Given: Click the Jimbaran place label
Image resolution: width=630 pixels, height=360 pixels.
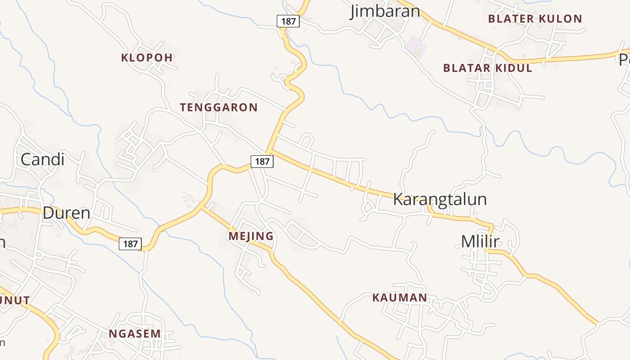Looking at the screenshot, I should (x=385, y=11).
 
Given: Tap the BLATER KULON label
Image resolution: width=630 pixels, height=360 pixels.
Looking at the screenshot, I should (x=535, y=19).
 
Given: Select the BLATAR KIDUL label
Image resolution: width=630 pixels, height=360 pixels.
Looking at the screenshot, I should (x=487, y=68).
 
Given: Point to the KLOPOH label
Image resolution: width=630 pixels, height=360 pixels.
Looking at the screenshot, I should (x=147, y=58).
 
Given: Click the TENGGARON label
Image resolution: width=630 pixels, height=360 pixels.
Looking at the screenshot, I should (x=219, y=108).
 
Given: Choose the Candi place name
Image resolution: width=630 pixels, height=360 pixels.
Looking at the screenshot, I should (x=43, y=159).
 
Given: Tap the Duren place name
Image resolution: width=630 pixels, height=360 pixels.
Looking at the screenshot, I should (x=66, y=213).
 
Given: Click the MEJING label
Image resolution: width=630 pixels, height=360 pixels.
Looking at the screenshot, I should (x=251, y=236).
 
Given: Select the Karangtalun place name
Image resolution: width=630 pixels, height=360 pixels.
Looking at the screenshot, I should (x=440, y=199).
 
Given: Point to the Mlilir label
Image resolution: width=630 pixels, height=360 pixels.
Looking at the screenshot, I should (x=480, y=242).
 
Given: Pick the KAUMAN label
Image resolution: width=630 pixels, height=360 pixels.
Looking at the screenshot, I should (x=400, y=297).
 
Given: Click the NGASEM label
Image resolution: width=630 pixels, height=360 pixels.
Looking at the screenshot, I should (x=135, y=333).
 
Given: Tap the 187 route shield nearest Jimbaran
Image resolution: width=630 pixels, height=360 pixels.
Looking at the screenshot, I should (x=288, y=21).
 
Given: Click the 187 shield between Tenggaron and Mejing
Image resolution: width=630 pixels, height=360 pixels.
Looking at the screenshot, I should (x=262, y=162).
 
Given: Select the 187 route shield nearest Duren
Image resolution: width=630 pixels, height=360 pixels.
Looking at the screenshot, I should (x=130, y=244).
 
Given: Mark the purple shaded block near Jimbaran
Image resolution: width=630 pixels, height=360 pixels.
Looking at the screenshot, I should (x=416, y=47).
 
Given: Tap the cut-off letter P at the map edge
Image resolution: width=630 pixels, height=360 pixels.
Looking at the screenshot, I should (x=625, y=59).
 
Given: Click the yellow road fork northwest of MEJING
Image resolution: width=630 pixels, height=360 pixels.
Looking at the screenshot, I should (x=202, y=207).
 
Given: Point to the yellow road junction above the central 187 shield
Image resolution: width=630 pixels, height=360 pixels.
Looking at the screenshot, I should (x=269, y=150).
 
